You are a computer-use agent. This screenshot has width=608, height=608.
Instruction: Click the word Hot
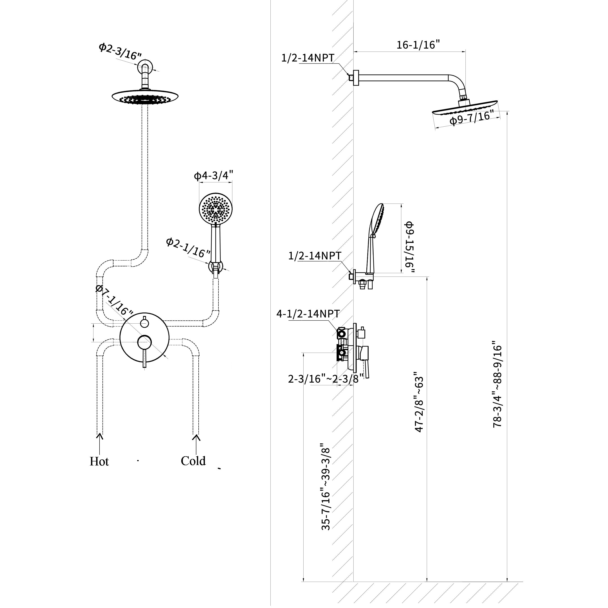(x=99, y=462)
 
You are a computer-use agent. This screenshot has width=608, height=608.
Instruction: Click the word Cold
(x=193, y=461)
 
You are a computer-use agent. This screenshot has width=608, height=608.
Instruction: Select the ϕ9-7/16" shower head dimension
(x=471, y=118)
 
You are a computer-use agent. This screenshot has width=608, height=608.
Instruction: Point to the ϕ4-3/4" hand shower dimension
(x=213, y=175)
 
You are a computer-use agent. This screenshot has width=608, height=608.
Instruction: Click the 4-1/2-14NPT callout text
(x=308, y=314)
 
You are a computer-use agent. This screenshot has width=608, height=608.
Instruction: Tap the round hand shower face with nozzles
(x=216, y=209)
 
